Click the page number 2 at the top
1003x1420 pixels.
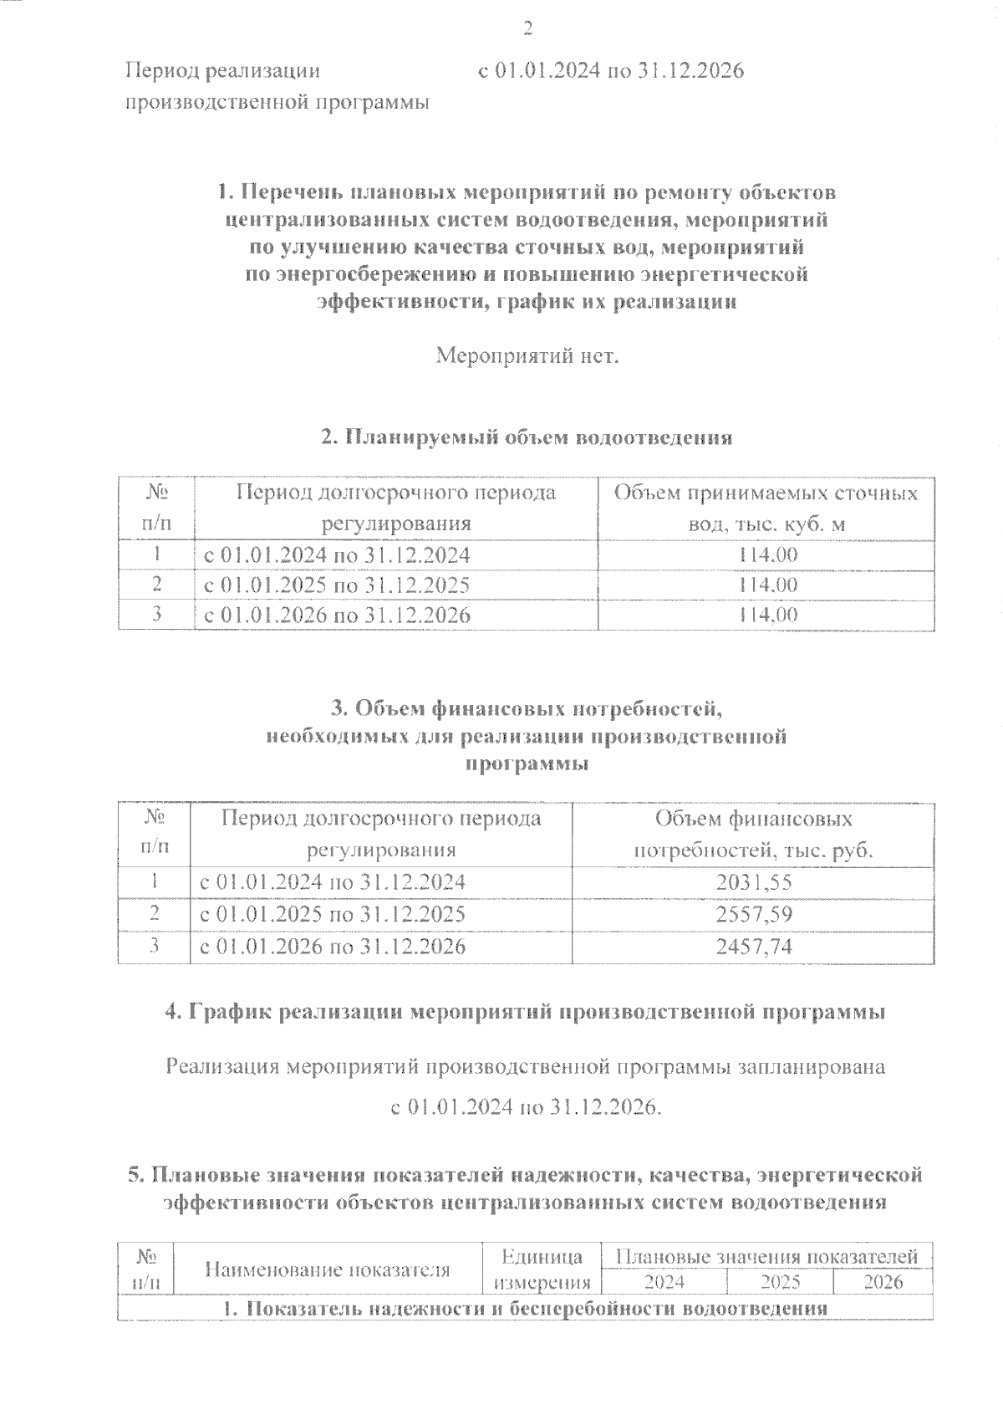pyautogui.click(x=527, y=30)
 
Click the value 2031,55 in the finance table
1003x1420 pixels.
pyautogui.click(x=753, y=881)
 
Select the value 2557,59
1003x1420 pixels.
pyautogui.click(x=753, y=913)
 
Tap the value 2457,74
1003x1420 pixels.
pyautogui.click(x=753, y=946)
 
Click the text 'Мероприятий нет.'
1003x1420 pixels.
pyautogui.click(x=527, y=357)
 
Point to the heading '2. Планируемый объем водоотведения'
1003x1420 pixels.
pyautogui.click(x=527, y=437)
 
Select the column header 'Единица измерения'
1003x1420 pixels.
pyautogui.click(x=542, y=1269)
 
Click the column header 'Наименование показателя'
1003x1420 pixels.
pyautogui.click(x=328, y=1270)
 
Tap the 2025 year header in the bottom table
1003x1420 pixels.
pyautogui.click(x=780, y=1282)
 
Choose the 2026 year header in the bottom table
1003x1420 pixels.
pyautogui.click(x=883, y=1282)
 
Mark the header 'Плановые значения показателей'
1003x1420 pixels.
pyautogui.click(x=766, y=1256)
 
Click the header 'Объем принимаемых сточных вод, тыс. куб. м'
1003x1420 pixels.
pyautogui.click(x=766, y=508)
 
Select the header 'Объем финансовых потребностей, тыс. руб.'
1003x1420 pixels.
pyautogui.click(x=753, y=835)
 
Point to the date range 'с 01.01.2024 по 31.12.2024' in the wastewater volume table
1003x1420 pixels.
pyautogui.click(x=337, y=554)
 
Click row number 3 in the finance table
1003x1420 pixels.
pyautogui.click(x=154, y=946)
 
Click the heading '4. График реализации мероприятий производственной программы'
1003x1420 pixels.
pyautogui.click(x=526, y=1012)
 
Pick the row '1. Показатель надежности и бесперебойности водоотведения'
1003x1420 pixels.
pyautogui.click(x=527, y=1308)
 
